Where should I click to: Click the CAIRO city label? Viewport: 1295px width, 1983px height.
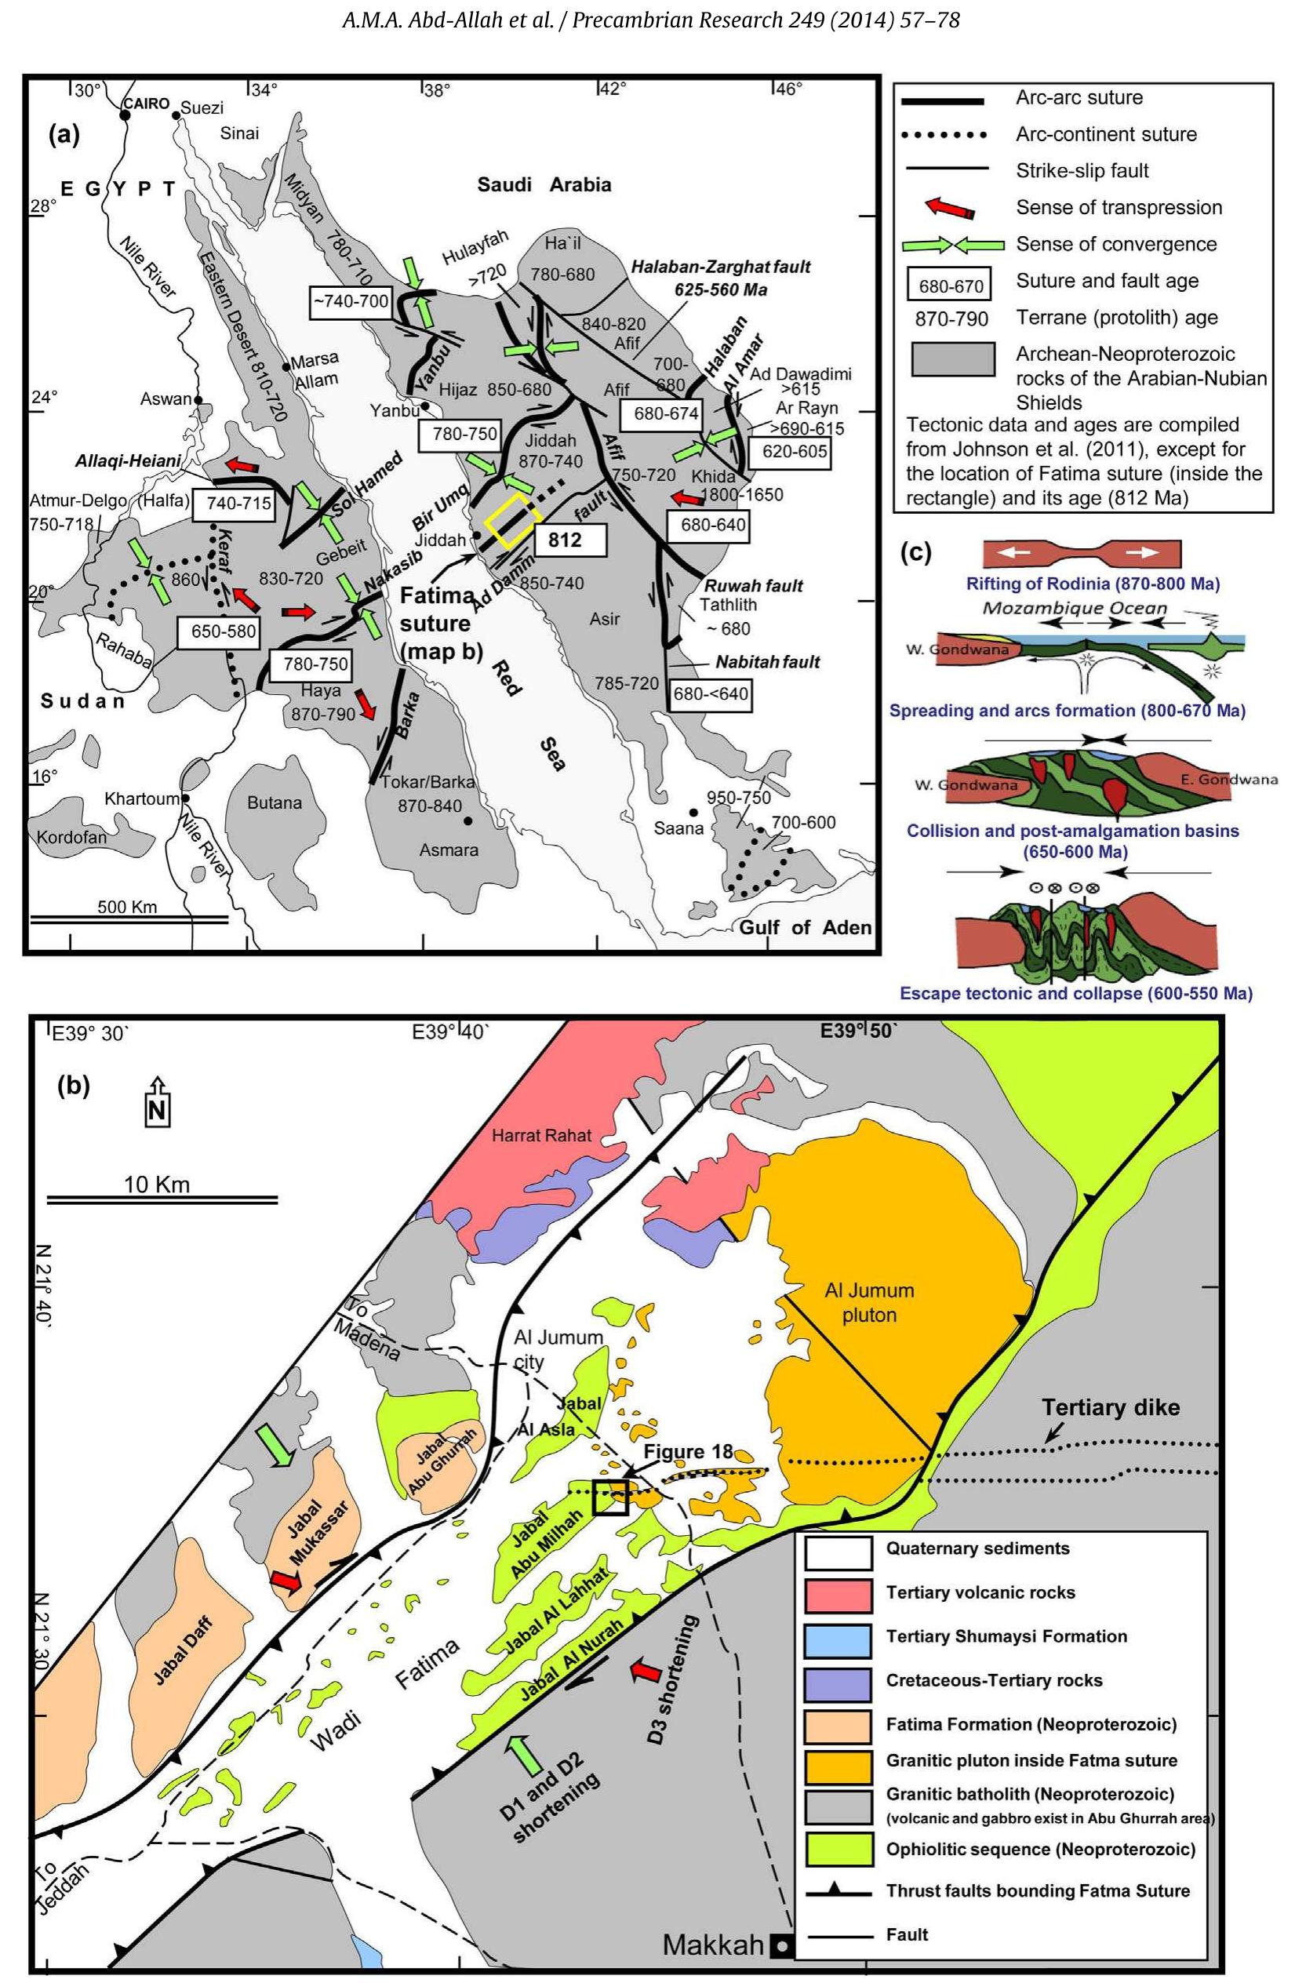tap(146, 104)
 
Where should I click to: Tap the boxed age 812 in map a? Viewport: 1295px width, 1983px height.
tap(564, 540)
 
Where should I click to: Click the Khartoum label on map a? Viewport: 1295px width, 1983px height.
tap(142, 799)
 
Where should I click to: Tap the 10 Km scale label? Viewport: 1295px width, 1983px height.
tap(157, 1184)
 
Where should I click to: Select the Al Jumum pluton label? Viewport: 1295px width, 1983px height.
tap(869, 1302)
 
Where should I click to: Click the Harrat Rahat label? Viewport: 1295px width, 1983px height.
tap(541, 1135)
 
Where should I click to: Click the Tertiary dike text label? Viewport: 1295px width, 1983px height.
tap(1110, 1407)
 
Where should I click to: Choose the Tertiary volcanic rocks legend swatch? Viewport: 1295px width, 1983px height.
tap(838, 1592)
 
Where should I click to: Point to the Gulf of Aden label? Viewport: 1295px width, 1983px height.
tap(805, 927)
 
